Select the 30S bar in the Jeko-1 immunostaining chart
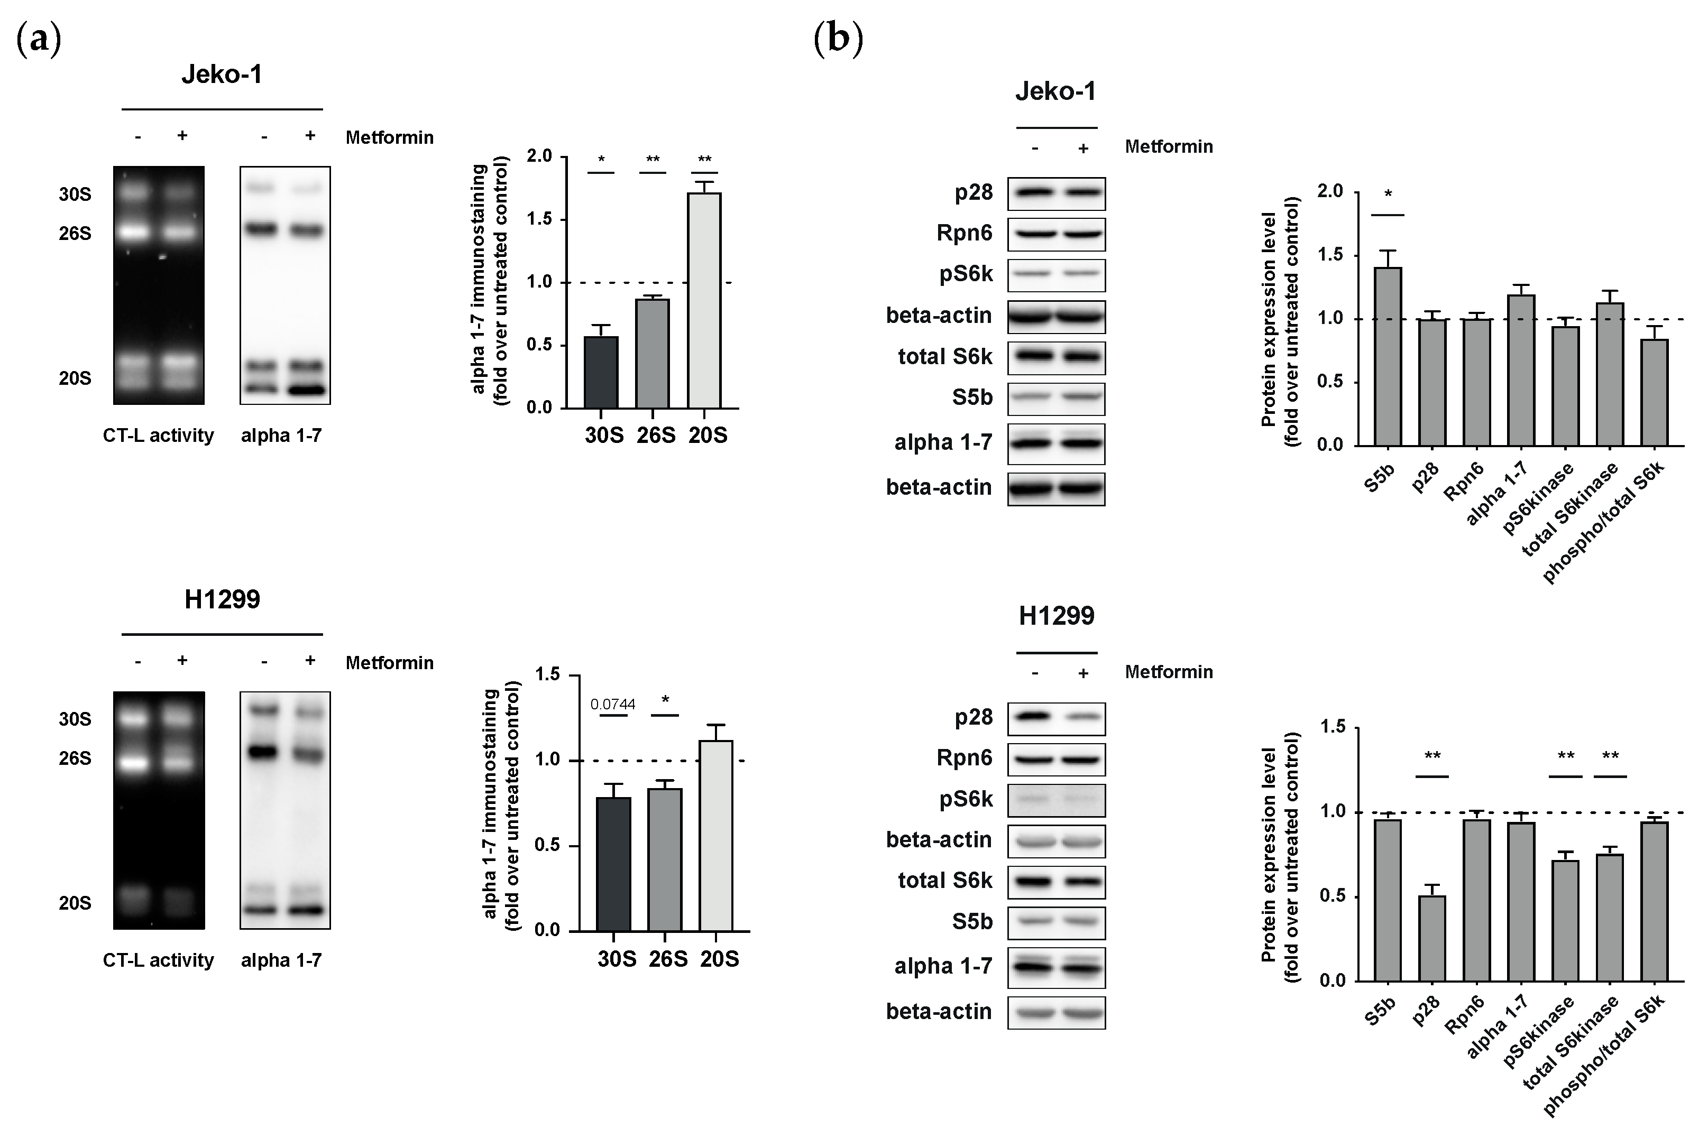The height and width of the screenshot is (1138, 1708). click(x=601, y=372)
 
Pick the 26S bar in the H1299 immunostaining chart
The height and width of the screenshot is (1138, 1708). click(x=664, y=860)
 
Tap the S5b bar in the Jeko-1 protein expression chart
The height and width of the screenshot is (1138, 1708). click(x=1387, y=357)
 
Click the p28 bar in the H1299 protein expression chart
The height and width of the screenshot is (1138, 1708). click(x=1431, y=938)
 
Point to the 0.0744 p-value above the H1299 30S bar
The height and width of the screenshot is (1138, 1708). click(x=613, y=705)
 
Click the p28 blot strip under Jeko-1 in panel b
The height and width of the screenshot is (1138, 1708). click(x=1056, y=194)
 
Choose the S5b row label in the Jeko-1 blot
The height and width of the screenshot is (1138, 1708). click(x=972, y=397)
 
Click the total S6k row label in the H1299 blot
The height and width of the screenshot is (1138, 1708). click(x=944, y=881)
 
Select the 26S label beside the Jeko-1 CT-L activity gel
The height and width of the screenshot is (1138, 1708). click(x=75, y=234)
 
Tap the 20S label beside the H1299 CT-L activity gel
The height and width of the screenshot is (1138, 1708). click(x=75, y=903)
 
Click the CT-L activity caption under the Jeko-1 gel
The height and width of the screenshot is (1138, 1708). click(x=158, y=436)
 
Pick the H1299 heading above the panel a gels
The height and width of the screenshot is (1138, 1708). click(x=222, y=599)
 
